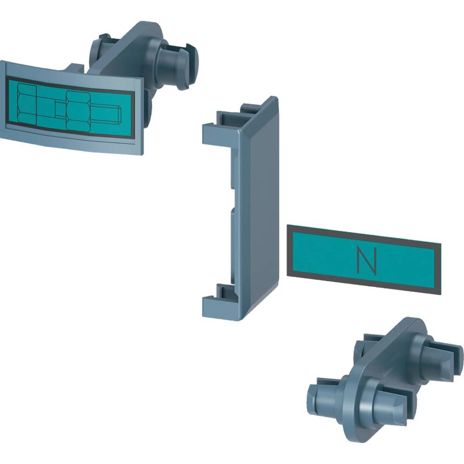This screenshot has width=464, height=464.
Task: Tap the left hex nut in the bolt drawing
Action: pyautogui.click(x=26, y=106)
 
